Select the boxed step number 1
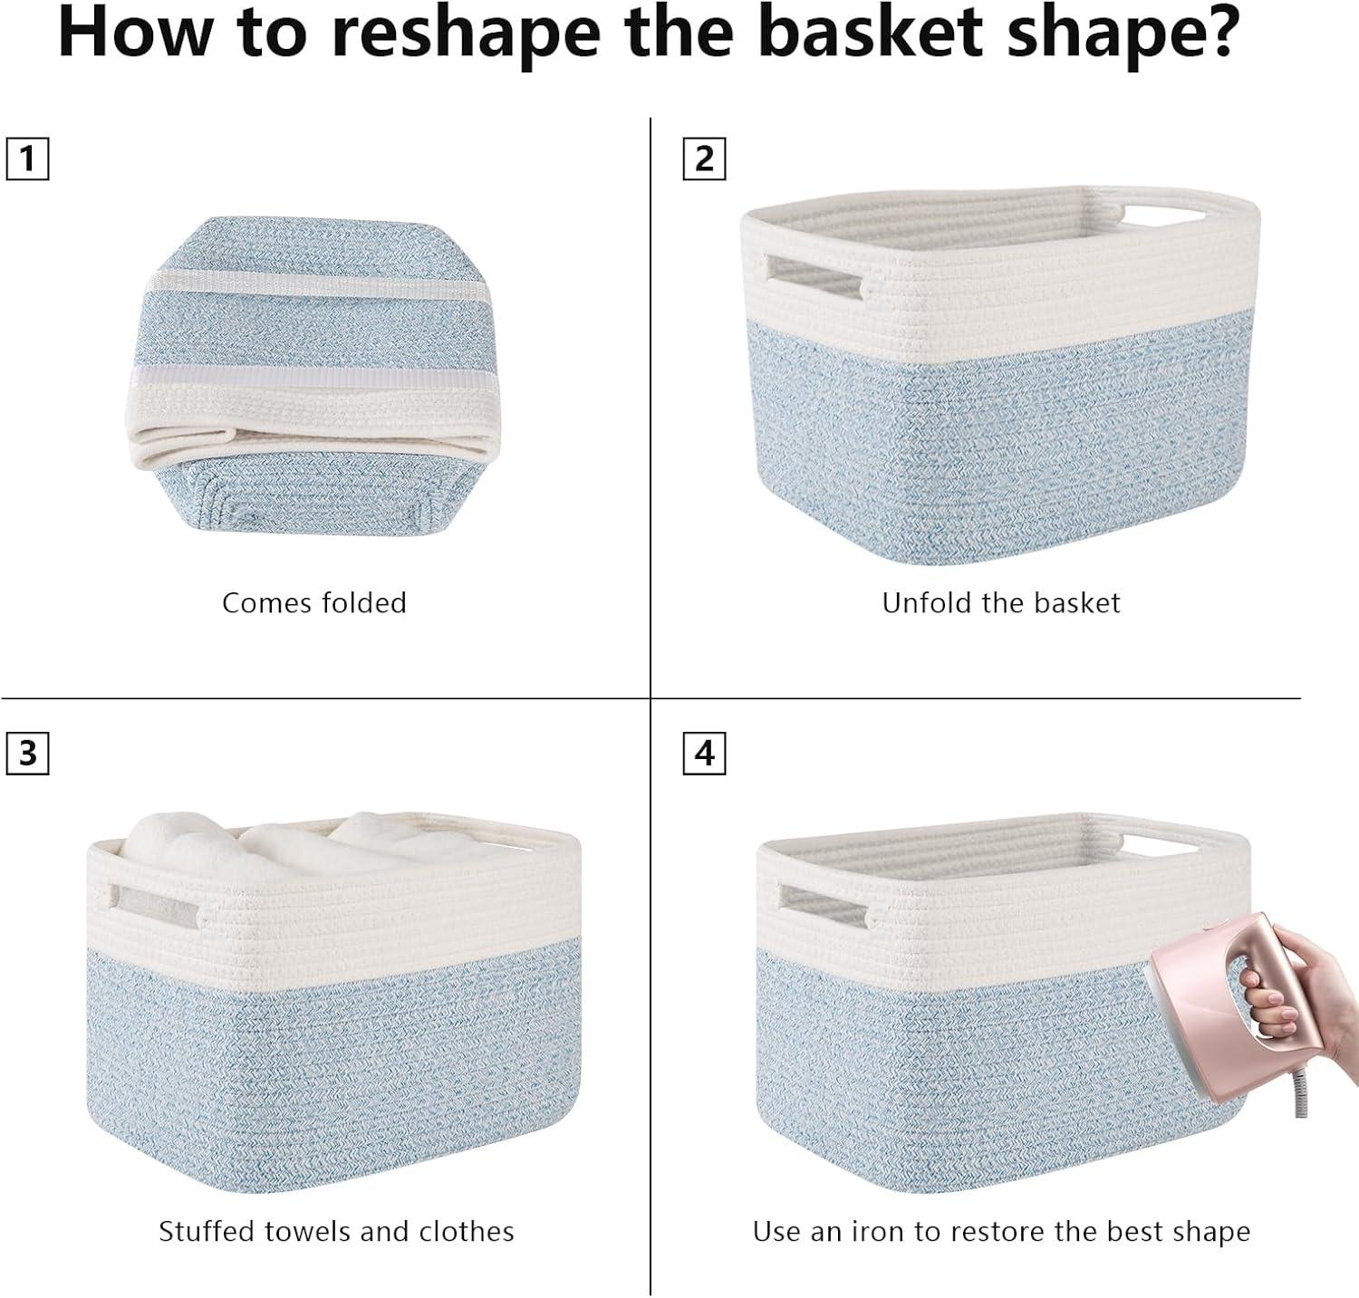coord(27,159)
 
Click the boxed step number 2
coord(704,159)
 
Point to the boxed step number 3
coord(27,753)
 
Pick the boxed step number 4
coord(704,753)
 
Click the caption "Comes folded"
coord(314,603)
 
